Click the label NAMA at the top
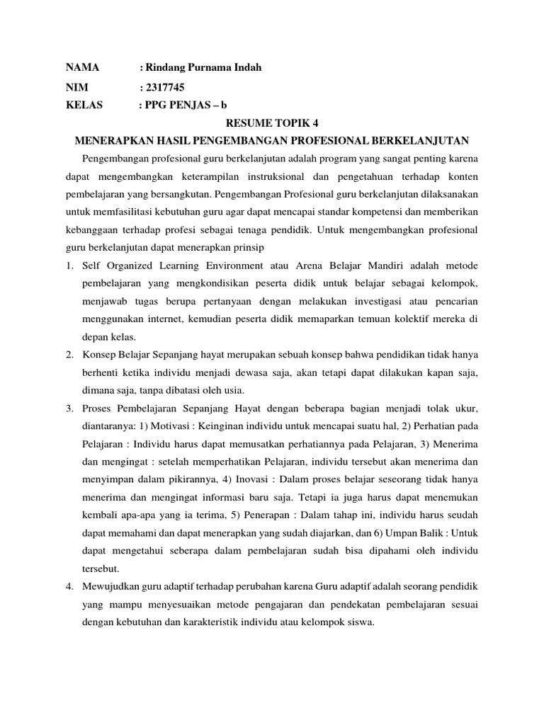(x=82, y=67)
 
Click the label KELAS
(x=84, y=105)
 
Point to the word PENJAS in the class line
(x=188, y=105)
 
